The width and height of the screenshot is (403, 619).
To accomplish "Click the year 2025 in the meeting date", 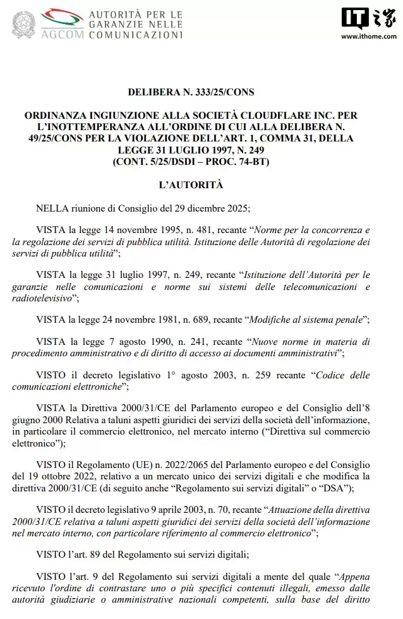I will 236,208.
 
